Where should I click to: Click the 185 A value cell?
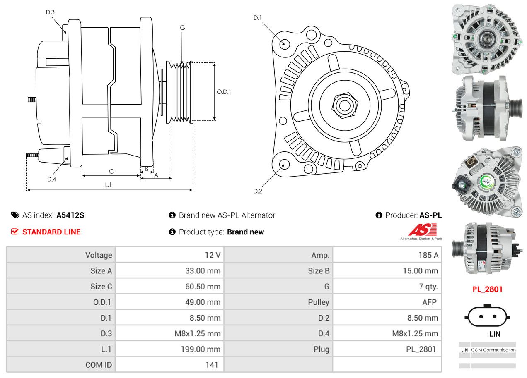click(428, 255)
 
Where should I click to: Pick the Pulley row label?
click(318, 302)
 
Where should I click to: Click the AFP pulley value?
click(429, 302)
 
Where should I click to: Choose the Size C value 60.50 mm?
click(203, 287)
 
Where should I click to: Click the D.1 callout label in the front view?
click(258, 18)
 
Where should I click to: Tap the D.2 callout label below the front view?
click(258, 191)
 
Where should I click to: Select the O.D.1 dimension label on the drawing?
click(224, 92)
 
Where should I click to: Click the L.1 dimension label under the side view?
click(108, 185)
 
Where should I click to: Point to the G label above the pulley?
click(182, 28)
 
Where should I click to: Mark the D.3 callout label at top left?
click(50, 12)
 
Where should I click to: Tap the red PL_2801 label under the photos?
click(487, 289)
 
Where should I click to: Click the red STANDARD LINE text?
click(51, 232)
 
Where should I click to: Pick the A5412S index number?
click(70, 215)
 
